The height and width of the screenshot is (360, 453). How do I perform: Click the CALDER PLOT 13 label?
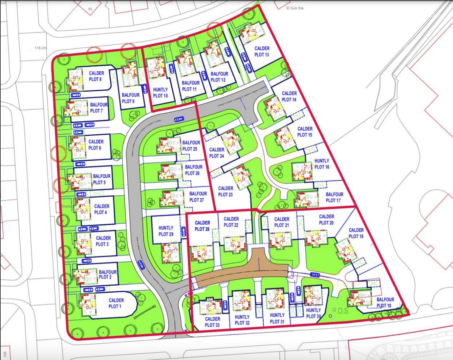(262, 52)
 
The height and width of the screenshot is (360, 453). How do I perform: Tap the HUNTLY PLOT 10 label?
(160, 93)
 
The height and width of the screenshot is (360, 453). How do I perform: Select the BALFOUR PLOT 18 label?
(385, 303)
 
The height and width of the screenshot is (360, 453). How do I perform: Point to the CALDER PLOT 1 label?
(116, 303)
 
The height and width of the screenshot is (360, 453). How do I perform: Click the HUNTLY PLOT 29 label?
(166, 231)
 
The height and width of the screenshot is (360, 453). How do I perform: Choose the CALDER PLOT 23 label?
(226, 191)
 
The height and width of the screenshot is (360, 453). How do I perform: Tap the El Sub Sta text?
(295, 8)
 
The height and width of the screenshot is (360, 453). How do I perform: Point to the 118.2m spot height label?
(41, 48)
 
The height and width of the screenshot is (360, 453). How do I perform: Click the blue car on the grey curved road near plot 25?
(179, 119)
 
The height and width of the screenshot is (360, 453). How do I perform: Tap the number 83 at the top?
(90, 9)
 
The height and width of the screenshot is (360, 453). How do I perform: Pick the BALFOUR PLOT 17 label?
(334, 197)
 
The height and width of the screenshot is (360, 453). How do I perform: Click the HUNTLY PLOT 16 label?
(322, 164)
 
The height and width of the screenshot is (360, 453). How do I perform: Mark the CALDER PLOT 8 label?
(96, 76)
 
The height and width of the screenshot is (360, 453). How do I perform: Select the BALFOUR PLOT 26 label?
(193, 170)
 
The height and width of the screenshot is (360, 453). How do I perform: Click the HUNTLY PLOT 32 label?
(242, 320)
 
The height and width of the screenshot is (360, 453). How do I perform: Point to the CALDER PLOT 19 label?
(356, 233)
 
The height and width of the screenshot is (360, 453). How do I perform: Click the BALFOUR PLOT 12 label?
(219, 77)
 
